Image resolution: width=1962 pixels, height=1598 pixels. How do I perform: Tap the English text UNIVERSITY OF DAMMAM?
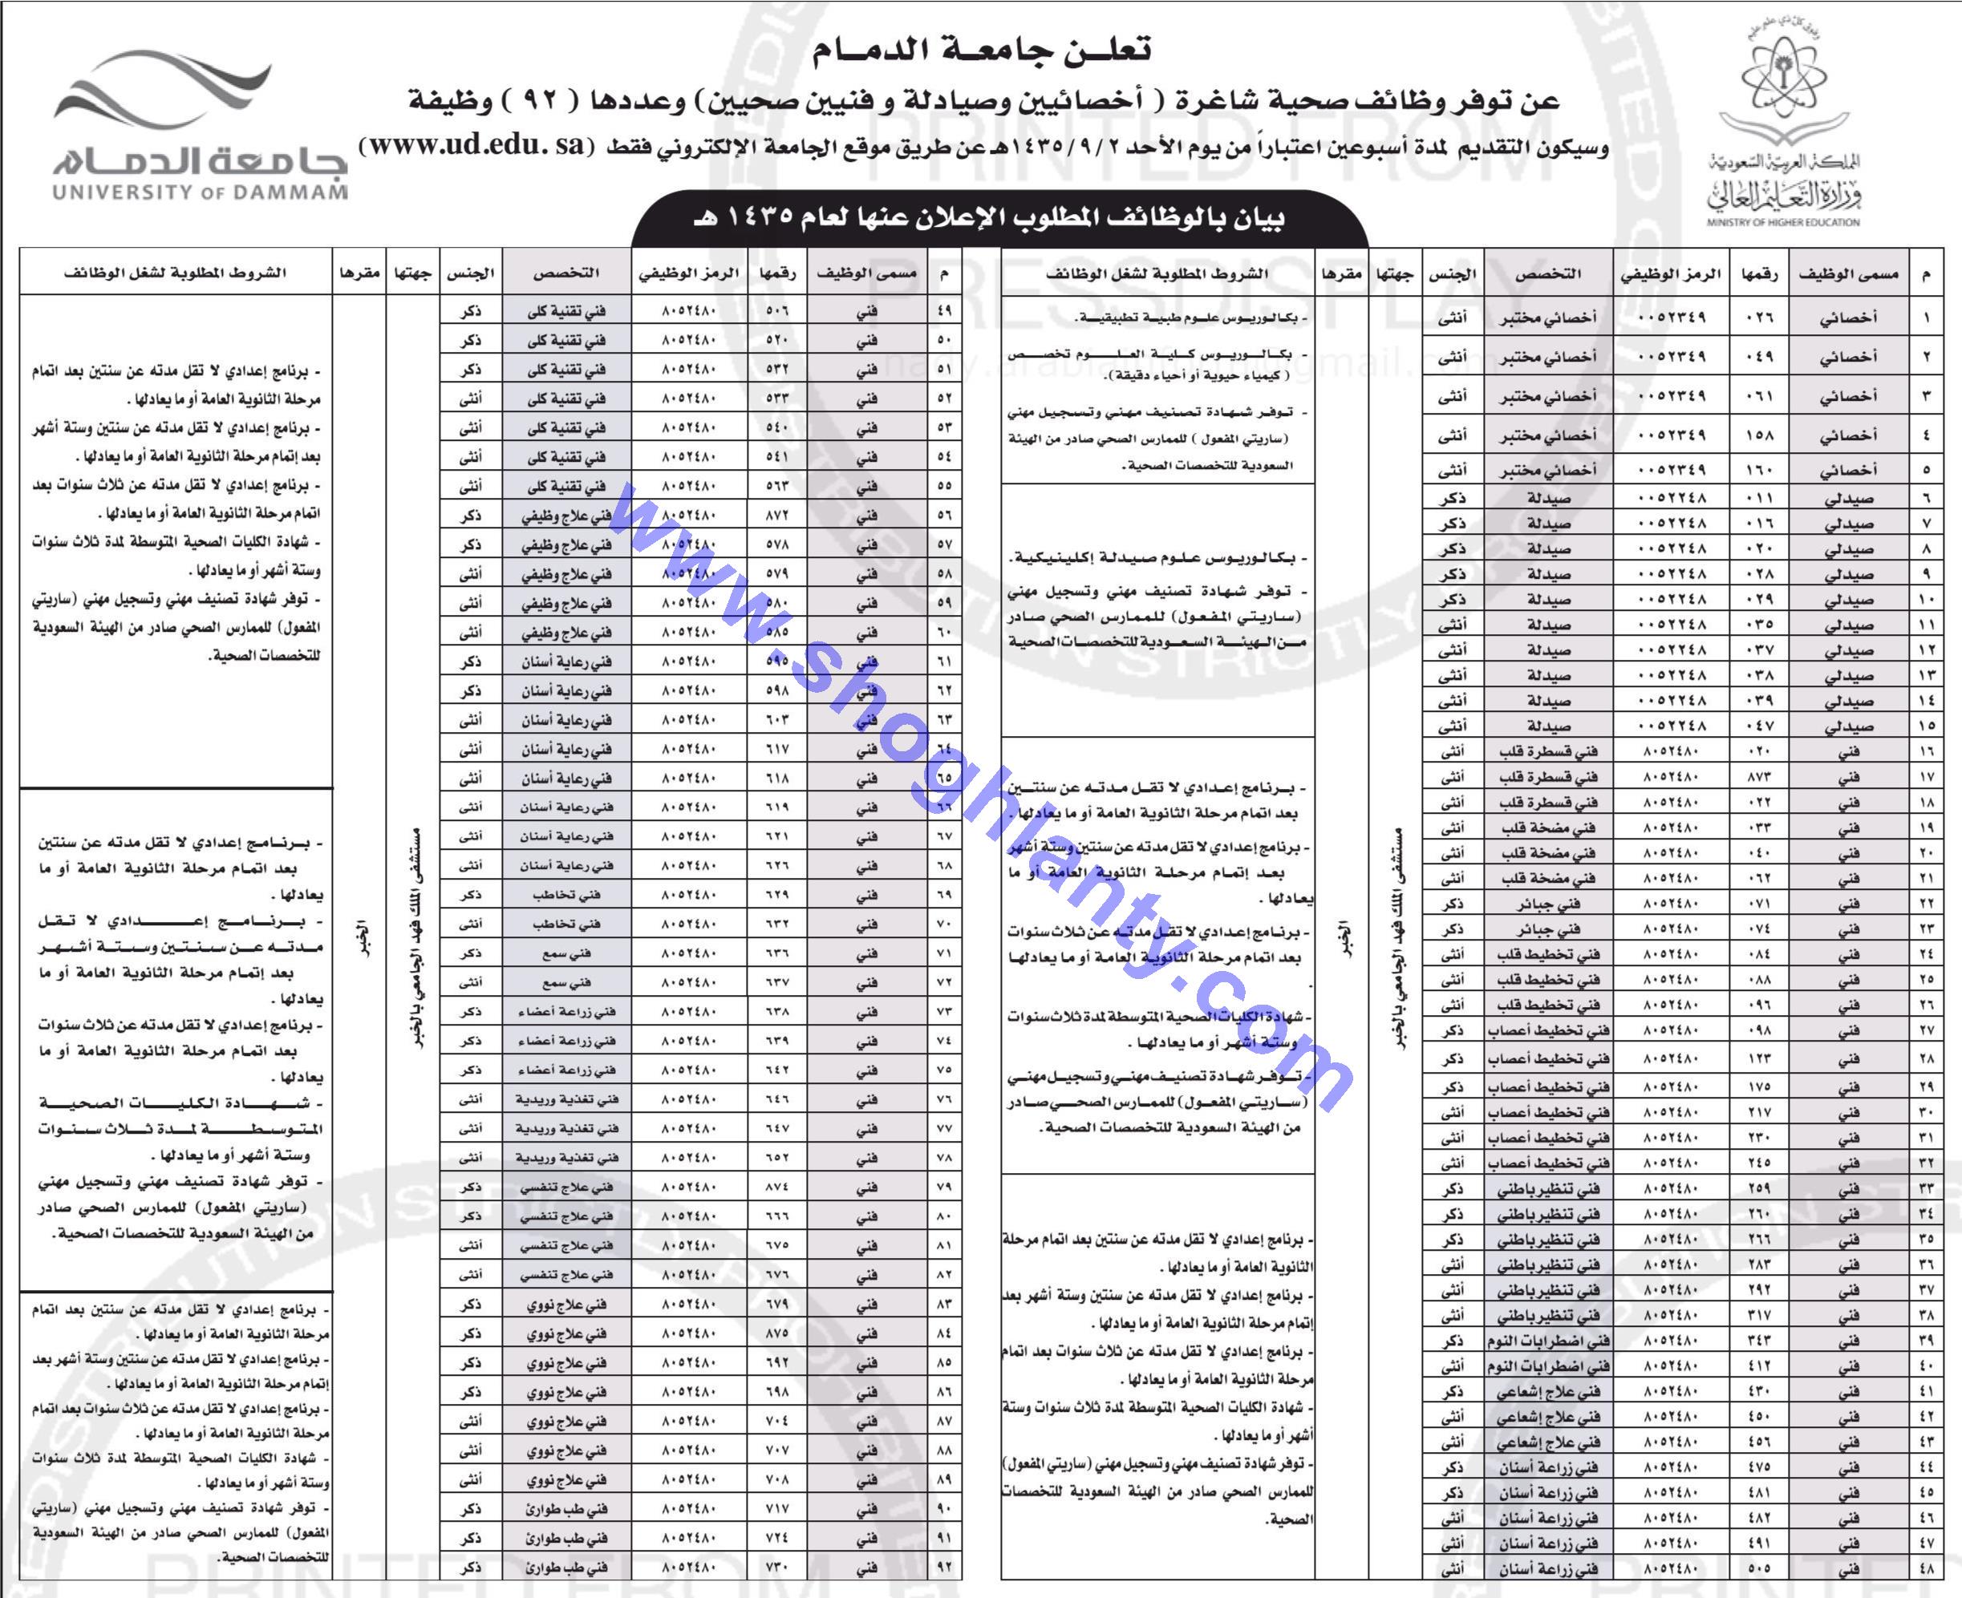(x=200, y=193)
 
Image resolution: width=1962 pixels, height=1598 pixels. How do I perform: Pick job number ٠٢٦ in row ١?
(x=1758, y=318)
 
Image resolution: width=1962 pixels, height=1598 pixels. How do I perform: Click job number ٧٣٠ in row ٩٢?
(x=777, y=1568)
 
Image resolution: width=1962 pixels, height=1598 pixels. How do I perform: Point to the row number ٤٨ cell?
(x=1926, y=1568)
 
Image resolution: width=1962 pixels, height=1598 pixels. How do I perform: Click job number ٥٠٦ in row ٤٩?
(x=777, y=311)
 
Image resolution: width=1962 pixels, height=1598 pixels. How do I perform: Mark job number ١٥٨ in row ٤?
(x=1758, y=435)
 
